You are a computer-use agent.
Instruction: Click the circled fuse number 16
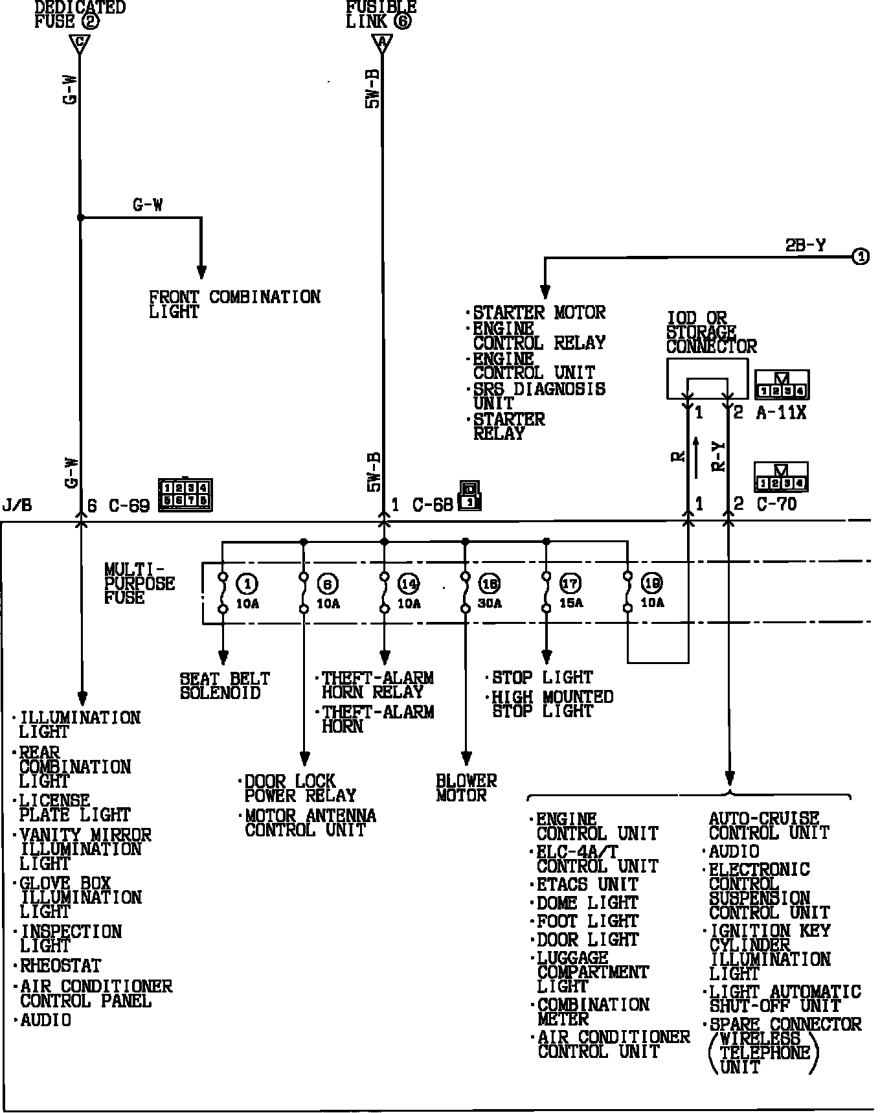pos(489,584)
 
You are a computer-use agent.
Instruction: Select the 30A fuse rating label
pos(490,604)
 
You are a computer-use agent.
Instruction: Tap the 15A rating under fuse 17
pos(570,603)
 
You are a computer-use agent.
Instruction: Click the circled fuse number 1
pos(247,584)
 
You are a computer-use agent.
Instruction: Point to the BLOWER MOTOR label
pos(466,788)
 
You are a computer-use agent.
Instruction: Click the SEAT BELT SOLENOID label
pos(225,685)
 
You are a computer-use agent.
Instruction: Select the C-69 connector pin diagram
pos(186,495)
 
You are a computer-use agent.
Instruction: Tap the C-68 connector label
pos(433,505)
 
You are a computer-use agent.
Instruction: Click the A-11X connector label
pos(781,413)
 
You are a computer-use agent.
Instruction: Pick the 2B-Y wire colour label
pos(805,246)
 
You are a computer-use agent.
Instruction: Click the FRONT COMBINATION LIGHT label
pos(234,304)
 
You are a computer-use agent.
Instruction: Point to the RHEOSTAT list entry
pos(60,966)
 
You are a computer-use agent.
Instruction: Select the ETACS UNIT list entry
pos(587,885)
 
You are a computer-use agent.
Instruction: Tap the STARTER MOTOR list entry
pos(539,312)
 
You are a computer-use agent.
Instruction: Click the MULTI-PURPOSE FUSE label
pos(139,583)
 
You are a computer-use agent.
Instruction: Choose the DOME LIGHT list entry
pos(587,903)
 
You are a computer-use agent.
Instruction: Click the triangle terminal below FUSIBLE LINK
pos(383,43)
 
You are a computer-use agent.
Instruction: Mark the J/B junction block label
pos(17,505)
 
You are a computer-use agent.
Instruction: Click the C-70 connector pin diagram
pos(782,477)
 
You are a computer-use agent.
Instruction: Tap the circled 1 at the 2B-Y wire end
pos(860,257)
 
